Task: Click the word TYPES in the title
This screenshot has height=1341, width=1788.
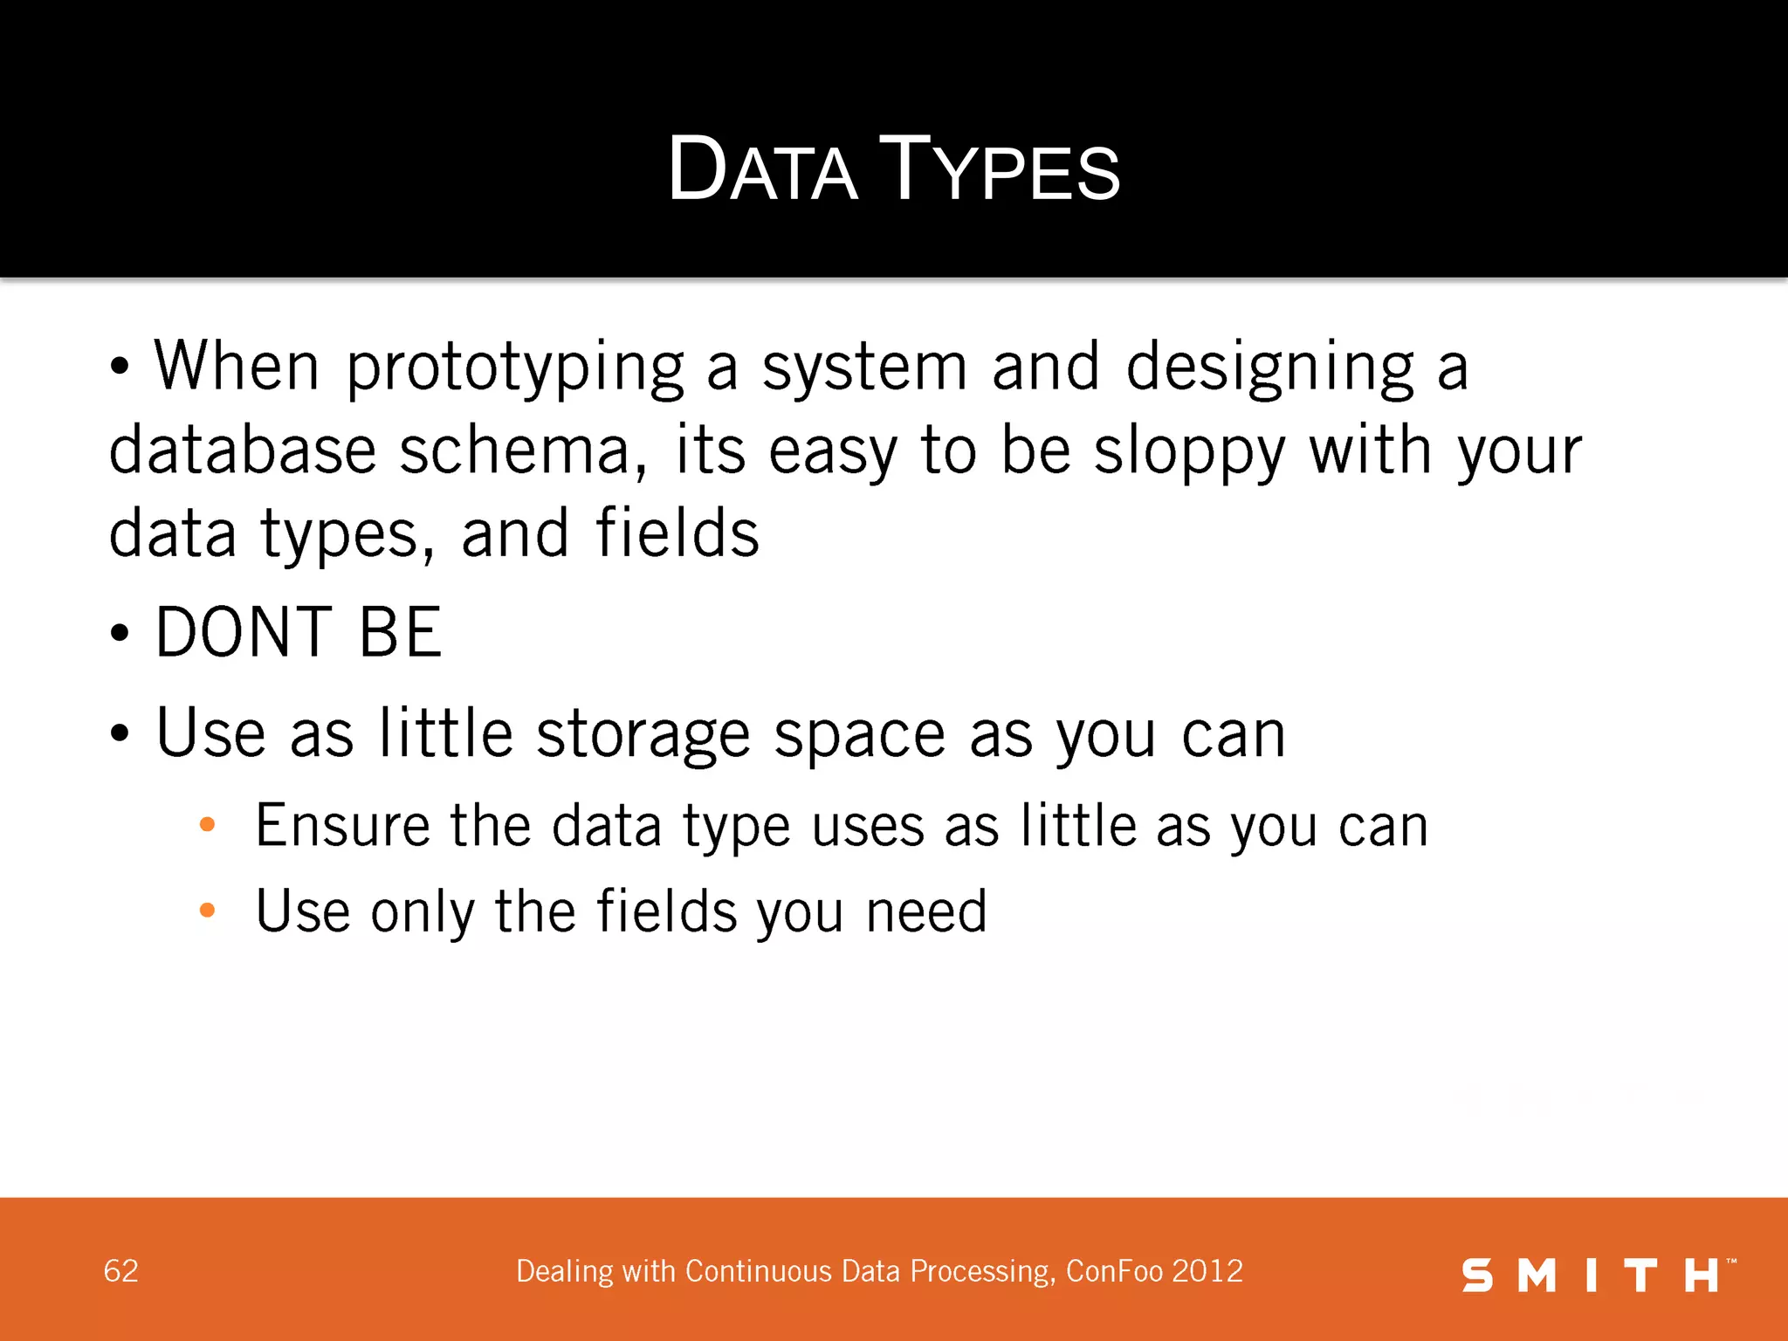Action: pos(999,170)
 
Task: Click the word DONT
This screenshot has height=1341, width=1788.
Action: pos(244,632)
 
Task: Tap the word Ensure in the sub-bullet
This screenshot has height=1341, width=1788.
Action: pos(343,826)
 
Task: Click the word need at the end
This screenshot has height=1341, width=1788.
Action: pos(926,911)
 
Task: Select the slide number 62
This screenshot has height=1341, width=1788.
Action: pos(120,1271)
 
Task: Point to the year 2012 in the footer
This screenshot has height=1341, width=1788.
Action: pos(1207,1271)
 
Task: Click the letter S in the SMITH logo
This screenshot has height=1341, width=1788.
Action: pos(1477,1276)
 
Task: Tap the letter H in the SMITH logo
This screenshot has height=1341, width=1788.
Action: pos(1701,1276)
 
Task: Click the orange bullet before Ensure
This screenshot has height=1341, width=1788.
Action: pos(207,824)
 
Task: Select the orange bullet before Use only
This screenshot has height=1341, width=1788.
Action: pos(207,911)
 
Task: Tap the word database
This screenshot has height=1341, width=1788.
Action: pos(243,451)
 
